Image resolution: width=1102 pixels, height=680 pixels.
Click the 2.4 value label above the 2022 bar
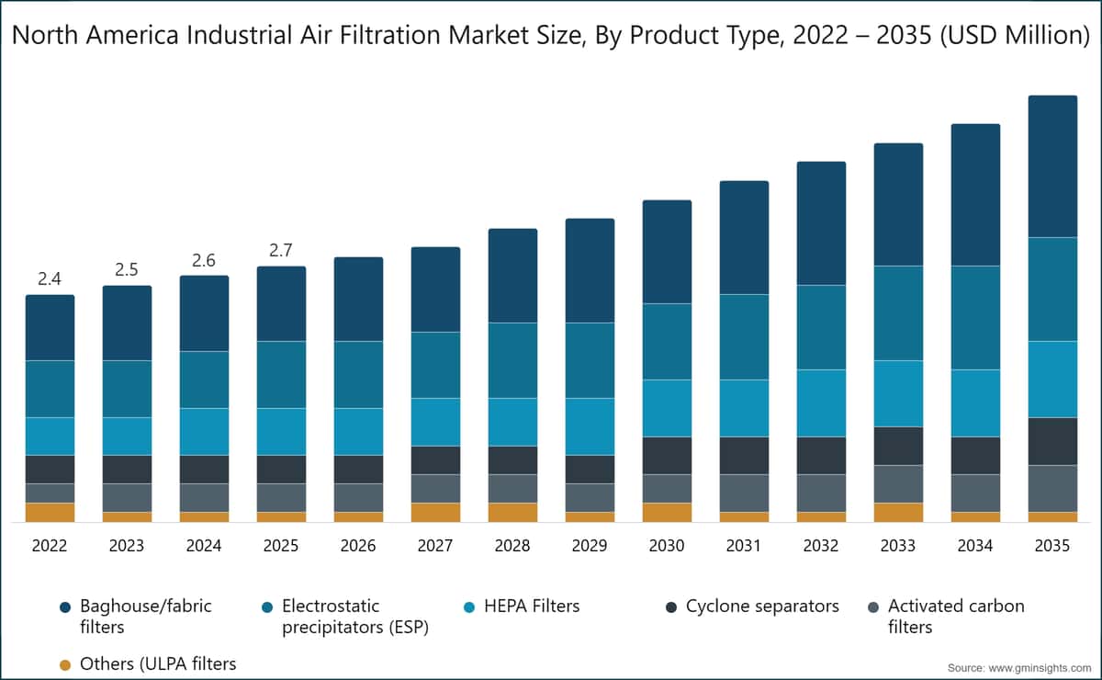50,279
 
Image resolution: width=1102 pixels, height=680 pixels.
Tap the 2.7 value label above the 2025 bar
281,251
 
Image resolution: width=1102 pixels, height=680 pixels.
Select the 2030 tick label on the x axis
667,546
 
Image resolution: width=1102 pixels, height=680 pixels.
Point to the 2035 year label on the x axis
1052,546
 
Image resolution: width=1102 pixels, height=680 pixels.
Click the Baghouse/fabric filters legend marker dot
64,607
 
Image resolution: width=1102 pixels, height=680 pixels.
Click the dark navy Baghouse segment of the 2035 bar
1052,166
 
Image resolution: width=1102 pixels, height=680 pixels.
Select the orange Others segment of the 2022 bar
50,513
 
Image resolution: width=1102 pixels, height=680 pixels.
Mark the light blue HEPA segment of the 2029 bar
590,426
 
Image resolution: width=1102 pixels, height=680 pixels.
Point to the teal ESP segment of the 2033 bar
898,313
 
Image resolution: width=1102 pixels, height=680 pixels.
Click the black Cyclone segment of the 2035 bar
1052,441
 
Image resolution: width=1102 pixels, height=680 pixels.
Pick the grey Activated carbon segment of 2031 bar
744,493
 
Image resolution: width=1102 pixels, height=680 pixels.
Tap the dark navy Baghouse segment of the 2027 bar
435,289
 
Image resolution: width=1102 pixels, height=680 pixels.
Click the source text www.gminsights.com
1018,667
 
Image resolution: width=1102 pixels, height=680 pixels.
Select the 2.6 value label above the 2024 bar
204,261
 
